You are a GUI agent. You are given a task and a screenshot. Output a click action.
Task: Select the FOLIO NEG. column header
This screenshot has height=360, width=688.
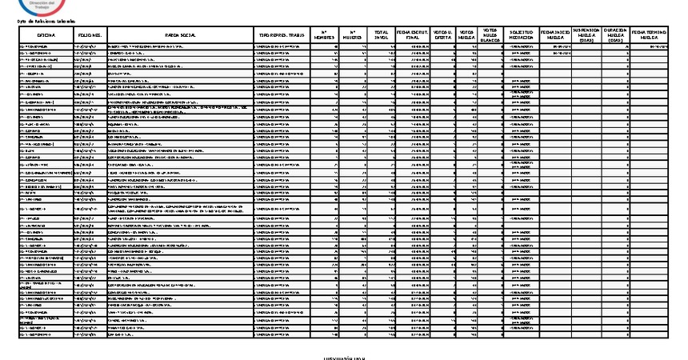(x=90, y=36)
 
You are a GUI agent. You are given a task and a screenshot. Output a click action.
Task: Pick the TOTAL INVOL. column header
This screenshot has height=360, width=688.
(x=382, y=36)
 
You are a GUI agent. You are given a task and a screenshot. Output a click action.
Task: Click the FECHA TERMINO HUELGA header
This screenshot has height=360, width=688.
(x=649, y=36)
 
